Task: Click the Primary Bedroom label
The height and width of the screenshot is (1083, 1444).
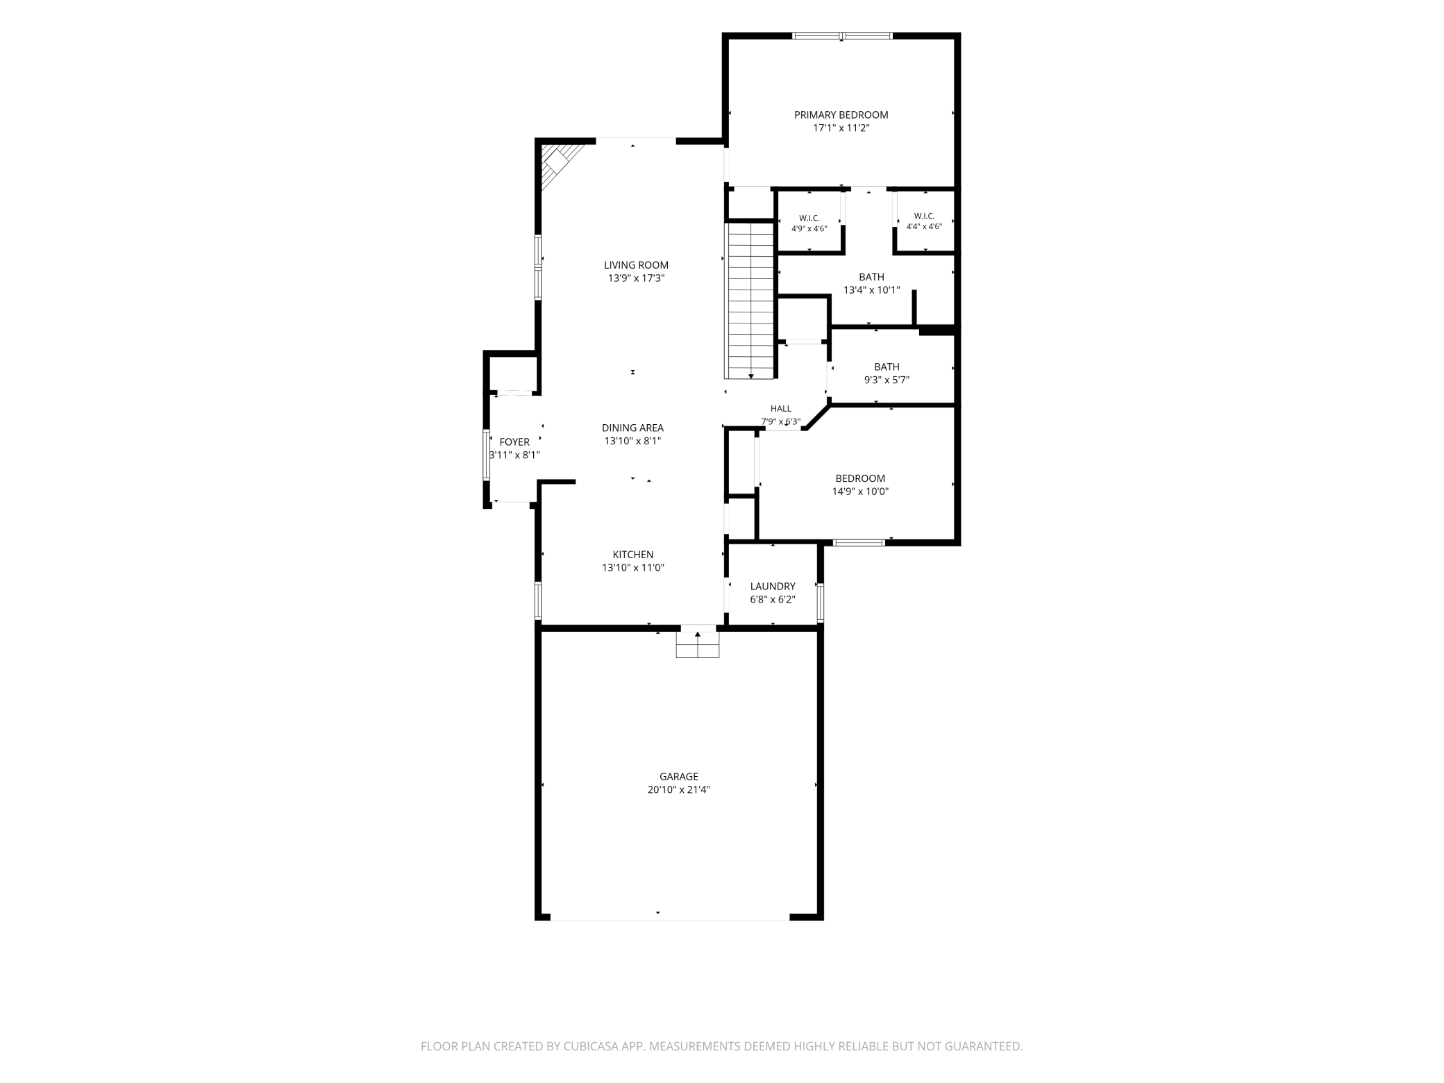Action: point(841,115)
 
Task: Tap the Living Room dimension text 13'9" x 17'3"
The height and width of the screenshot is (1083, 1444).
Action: point(636,278)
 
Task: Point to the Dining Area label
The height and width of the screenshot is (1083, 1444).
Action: point(632,428)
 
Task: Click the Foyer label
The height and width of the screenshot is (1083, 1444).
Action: point(514,442)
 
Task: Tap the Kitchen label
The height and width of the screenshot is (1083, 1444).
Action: point(632,554)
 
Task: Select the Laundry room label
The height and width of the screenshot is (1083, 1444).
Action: point(773,586)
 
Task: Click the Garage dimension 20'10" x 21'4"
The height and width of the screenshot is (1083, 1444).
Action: point(678,789)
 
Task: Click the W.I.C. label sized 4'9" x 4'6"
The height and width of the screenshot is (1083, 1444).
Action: point(809,223)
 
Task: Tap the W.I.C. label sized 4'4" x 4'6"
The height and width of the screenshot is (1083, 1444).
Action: point(924,221)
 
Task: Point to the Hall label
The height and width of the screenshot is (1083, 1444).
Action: point(780,409)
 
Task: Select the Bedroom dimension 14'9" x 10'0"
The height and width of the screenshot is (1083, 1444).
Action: point(860,492)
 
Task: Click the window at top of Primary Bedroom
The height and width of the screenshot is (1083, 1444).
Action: point(842,35)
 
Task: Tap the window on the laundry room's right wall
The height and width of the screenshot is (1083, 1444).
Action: point(820,602)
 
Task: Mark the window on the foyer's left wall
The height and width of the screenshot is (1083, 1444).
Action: point(486,455)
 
